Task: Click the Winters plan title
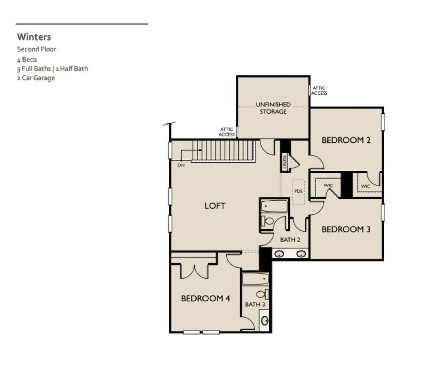pos(34,37)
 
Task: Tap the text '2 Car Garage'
pos(36,78)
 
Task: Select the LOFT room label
pos(215,206)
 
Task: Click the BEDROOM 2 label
pos(346,140)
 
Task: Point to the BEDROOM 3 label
pos(346,229)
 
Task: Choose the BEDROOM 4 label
pos(205,298)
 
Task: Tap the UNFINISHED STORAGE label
pos(273,108)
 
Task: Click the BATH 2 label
pos(290,240)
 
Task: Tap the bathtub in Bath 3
pos(255,278)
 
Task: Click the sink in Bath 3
pos(264,320)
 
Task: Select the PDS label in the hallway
pos(298,191)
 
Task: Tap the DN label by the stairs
pos(181,165)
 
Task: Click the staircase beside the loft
pos(224,150)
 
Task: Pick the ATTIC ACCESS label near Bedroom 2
pos(319,90)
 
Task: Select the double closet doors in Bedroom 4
pos(194,270)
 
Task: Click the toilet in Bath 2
pos(268,221)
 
